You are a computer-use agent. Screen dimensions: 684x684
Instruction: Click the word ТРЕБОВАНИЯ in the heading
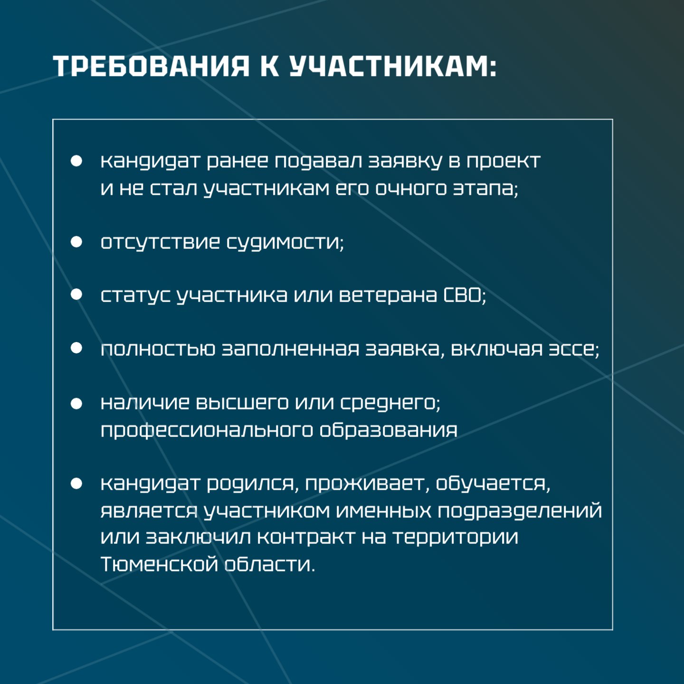click(152, 66)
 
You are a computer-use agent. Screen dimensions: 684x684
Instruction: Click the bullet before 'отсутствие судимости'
click(76, 242)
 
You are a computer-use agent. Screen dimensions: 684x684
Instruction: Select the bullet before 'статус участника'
click(76, 294)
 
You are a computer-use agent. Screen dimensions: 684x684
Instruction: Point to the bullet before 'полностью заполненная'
click(76, 348)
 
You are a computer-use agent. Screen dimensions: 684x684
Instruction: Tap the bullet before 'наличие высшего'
click(76, 404)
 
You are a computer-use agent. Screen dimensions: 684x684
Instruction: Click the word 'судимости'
click(285, 243)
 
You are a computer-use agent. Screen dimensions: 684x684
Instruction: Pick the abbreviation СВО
click(463, 295)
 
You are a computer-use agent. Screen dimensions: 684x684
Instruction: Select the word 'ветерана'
click(388, 295)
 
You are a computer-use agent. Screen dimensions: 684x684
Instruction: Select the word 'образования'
click(389, 430)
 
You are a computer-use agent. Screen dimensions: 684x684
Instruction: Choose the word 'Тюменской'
click(159, 564)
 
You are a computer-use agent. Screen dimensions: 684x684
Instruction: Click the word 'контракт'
click(306, 537)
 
